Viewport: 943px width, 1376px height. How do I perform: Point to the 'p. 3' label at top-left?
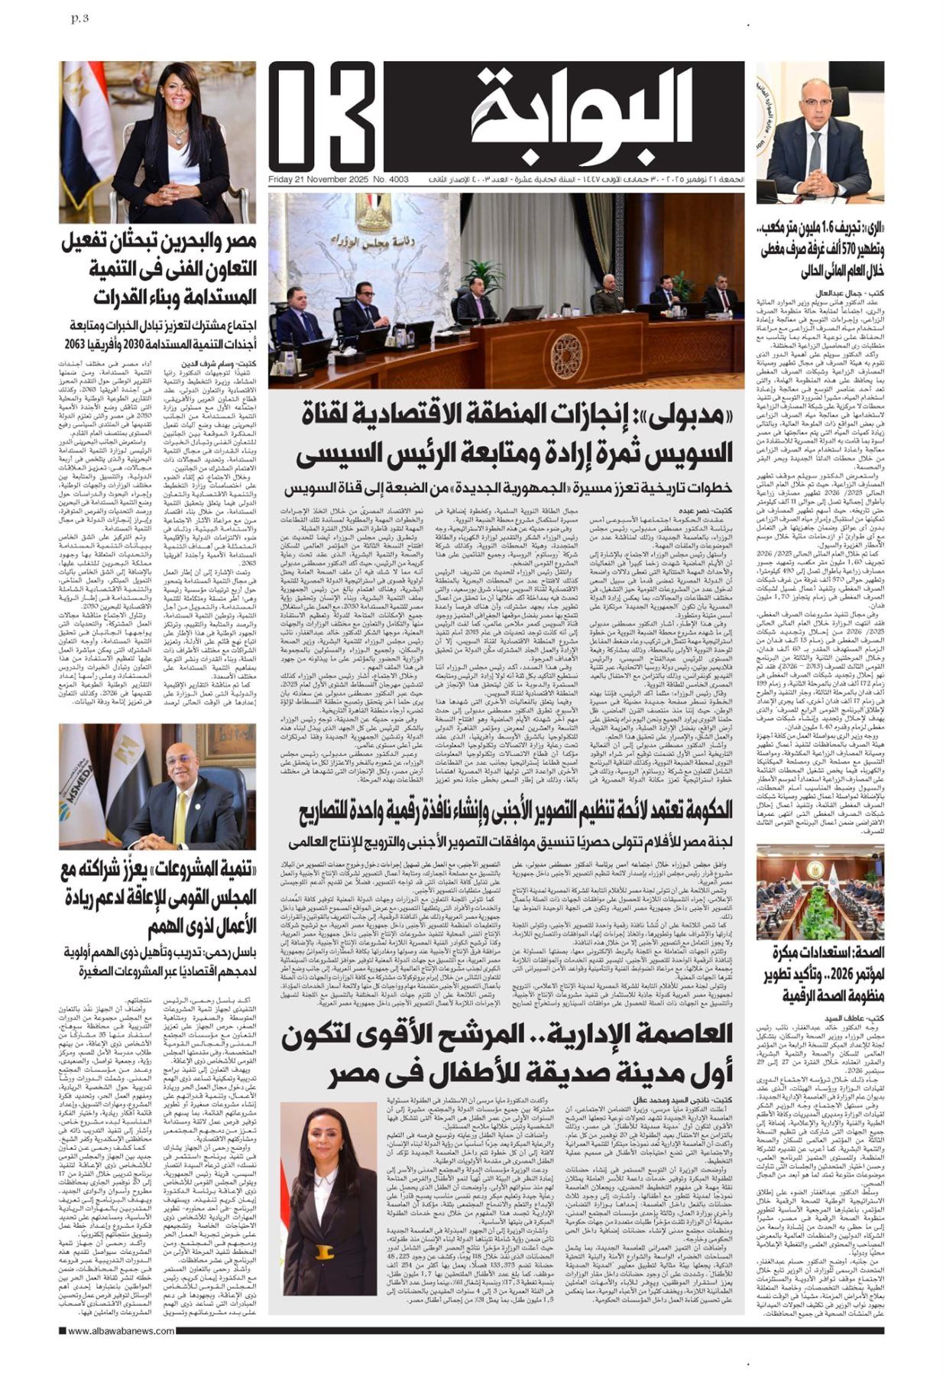pos(78,18)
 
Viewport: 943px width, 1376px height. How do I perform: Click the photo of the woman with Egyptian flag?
pos(157,142)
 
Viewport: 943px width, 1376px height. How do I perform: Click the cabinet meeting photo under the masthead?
pos(505,290)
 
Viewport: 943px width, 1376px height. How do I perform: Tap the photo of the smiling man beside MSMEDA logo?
pos(157,787)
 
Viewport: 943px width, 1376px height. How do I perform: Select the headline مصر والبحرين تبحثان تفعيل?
pos(157,270)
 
